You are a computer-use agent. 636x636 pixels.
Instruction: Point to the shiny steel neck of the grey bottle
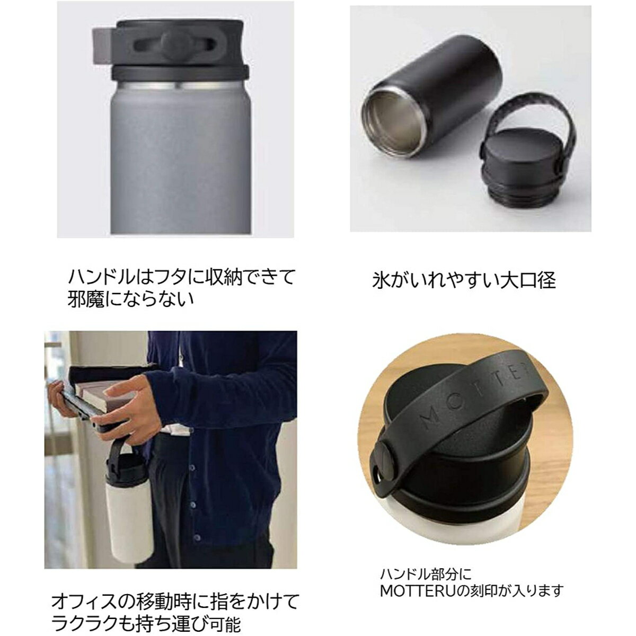(x=180, y=86)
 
